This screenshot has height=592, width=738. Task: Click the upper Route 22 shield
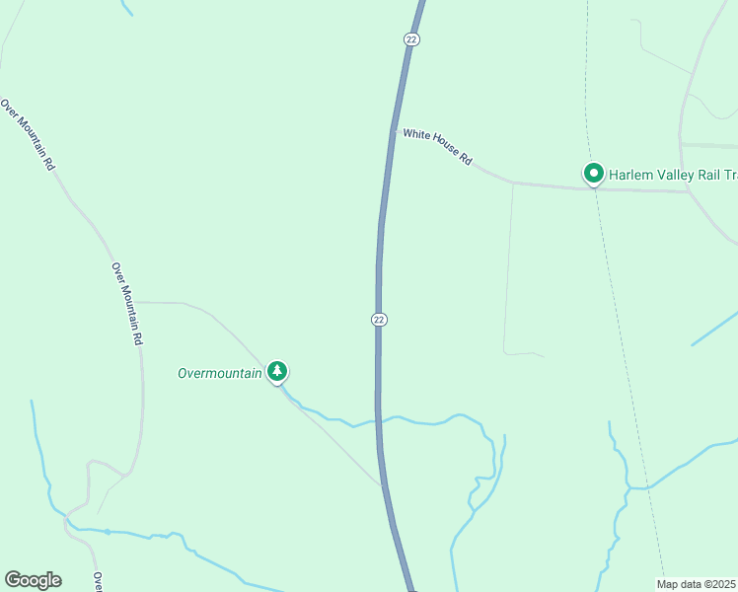tap(411, 38)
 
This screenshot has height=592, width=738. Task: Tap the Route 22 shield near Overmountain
tap(379, 320)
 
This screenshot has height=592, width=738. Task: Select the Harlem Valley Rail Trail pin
tap(594, 174)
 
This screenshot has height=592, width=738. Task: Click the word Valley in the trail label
tap(678, 175)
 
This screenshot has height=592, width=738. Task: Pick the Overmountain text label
tap(219, 373)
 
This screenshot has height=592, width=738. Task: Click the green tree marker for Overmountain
tap(278, 371)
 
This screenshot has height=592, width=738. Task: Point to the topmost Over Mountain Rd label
tap(28, 135)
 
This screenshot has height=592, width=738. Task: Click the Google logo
tap(33, 580)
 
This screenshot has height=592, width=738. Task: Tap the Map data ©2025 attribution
tap(697, 584)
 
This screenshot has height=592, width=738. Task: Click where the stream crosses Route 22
tap(377, 420)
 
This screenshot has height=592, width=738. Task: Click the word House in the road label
tap(444, 148)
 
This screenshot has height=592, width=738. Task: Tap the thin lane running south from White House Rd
tap(509, 266)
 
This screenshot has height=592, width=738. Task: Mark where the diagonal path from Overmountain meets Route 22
tap(381, 484)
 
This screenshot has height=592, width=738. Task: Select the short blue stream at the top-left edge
tap(125, 7)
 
